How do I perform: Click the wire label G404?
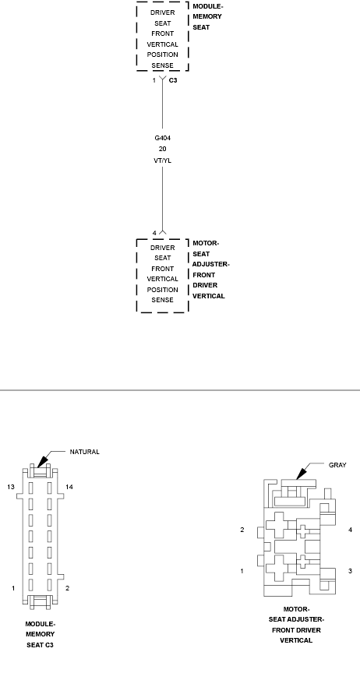coord(162,138)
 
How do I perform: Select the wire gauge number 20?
coord(162,149)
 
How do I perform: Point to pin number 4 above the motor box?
coord(154,233)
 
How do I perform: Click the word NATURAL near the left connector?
coord(84,452)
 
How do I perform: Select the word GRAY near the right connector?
coord(337,465)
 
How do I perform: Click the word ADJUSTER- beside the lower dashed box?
coord(210,264)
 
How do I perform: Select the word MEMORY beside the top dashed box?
coord(206,16)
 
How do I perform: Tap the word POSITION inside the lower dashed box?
coord(162,289)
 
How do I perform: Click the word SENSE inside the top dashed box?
coord(162,65)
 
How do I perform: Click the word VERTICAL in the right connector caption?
coord(296,640)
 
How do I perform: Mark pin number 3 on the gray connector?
coord(350,571)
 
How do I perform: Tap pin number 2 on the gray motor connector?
coord(242,530)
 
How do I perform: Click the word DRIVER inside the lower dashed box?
coord(162,248)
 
